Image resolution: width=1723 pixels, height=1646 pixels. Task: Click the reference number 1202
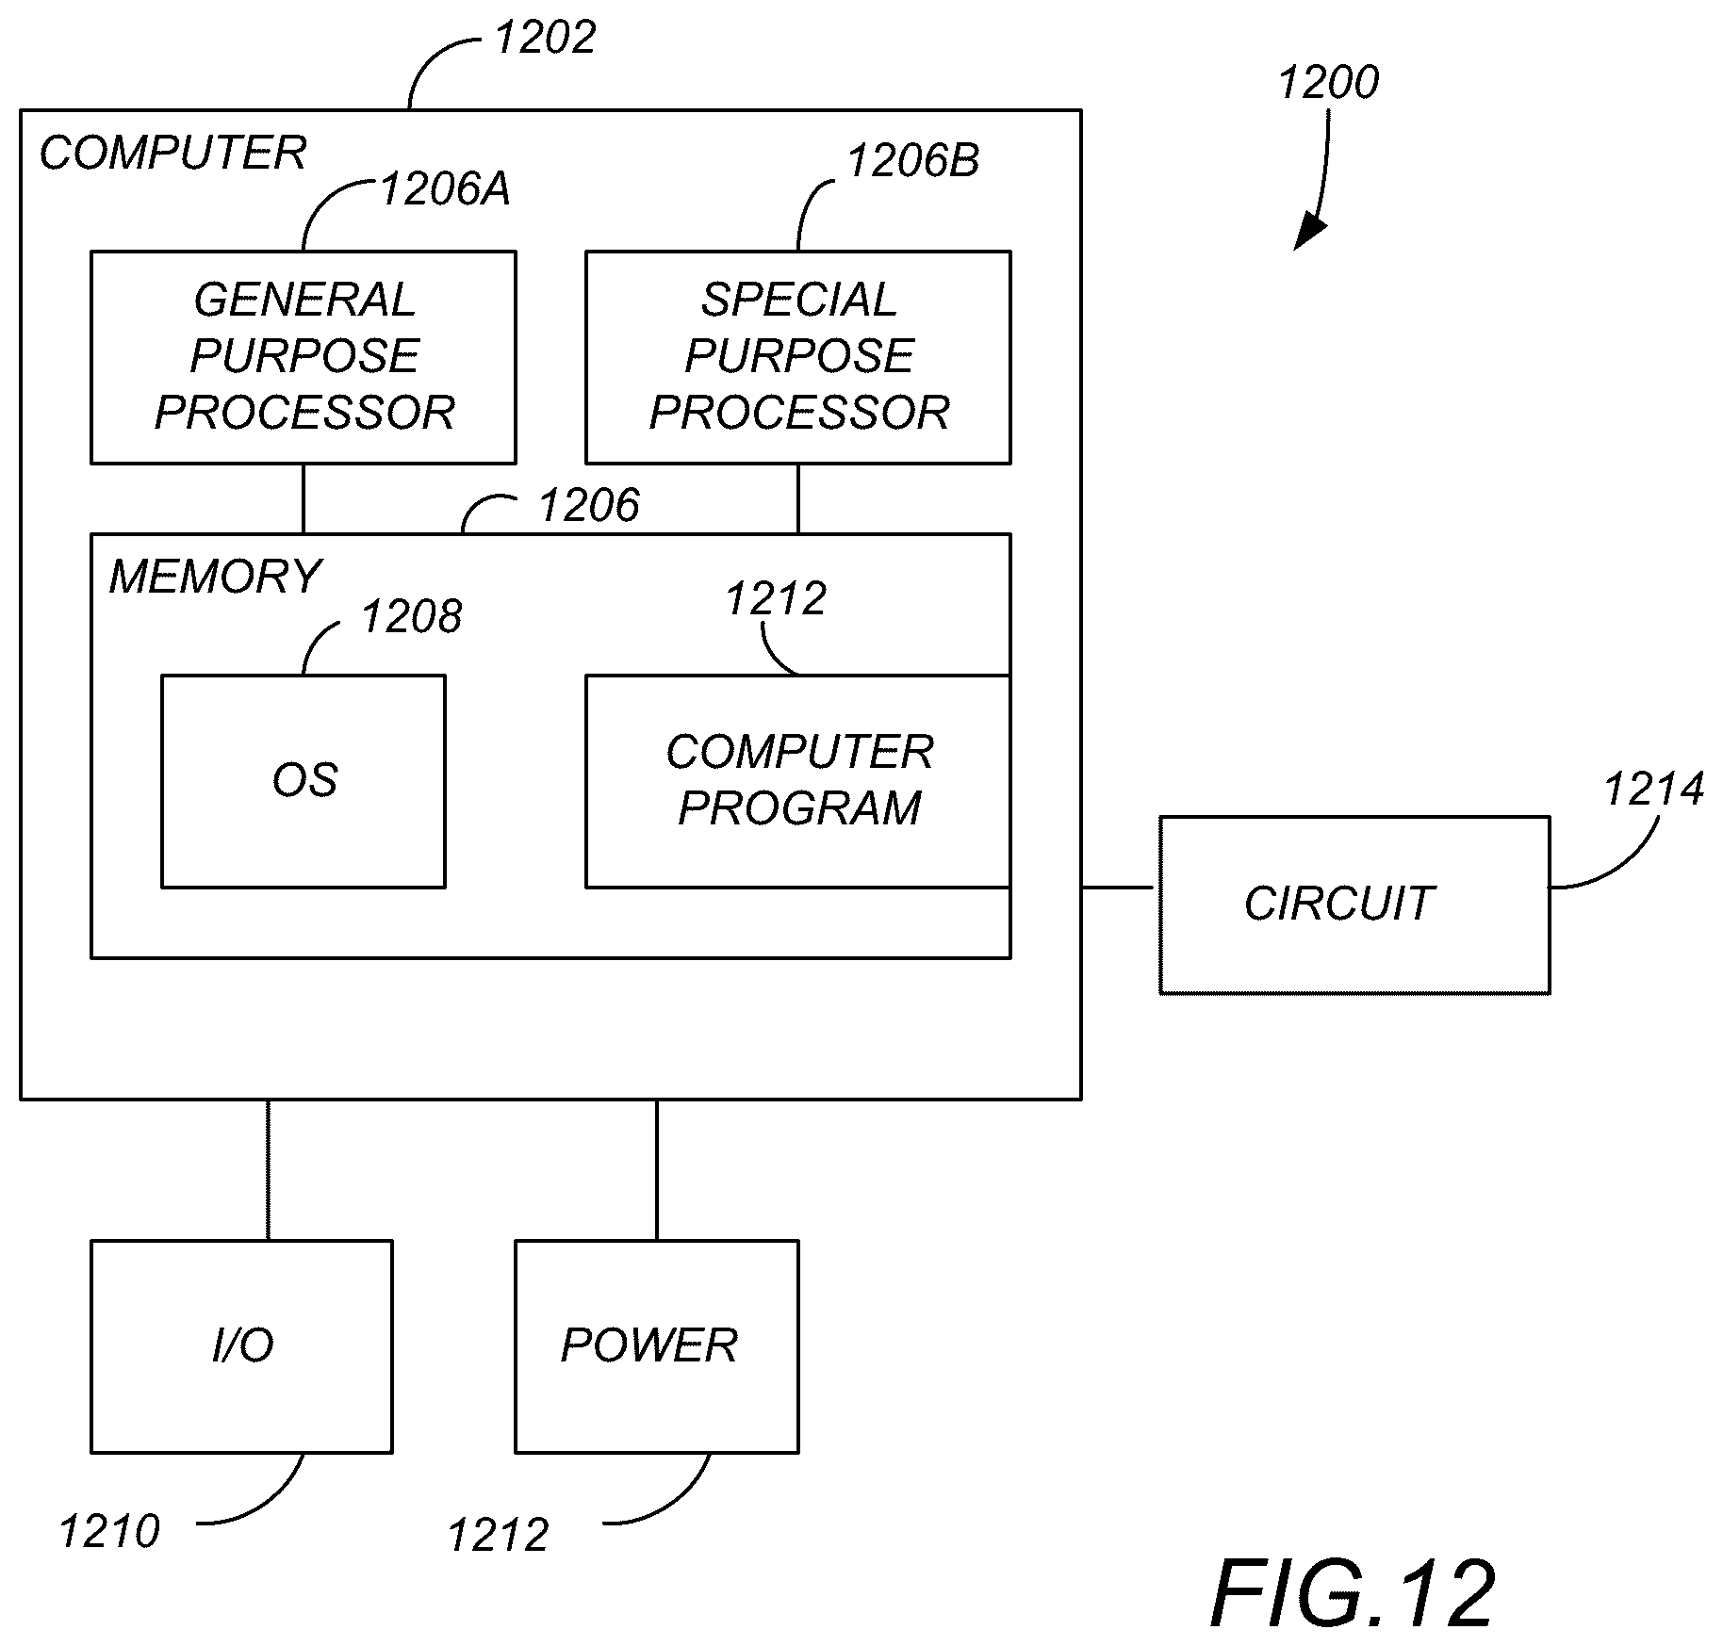pyautogui.click(x=545, y=39)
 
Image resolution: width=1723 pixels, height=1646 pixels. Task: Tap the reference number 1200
pyautogui.click(x=1328, y=83)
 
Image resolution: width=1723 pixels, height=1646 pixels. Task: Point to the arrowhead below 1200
pyautogui.click(x=1309, y=235)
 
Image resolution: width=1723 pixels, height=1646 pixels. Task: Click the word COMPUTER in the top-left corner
pyautogui.click(x=172, y=153)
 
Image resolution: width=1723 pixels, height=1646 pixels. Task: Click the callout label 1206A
pyautogui.click(x=445, y=189)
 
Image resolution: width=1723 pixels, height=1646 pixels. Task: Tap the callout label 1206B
pyautogui.click(x=913, y=161)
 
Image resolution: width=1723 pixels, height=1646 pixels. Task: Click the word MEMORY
pyautogui.click(x=215, y=576)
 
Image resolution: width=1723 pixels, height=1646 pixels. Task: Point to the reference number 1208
pyautogui.click(x=412, y=617)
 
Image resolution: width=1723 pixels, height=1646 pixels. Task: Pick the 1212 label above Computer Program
pyautogui.click(x=776, y=598)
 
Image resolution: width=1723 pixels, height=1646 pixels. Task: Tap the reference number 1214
pyautogui.click(x=1654, y=790)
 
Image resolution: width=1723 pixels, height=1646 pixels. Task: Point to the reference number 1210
pyautogui.click(x=109, y=1531)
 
